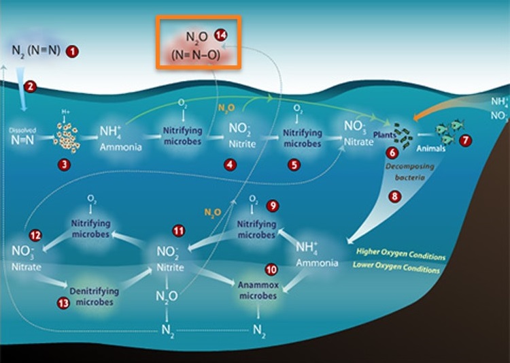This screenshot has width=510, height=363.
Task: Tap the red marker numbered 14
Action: [x=220, y=35]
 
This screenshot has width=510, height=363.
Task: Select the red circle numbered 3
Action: [x=65, y=163]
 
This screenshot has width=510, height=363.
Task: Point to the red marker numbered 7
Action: [x=465, y=140]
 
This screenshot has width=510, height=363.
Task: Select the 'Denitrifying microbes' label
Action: [x=94, y=296]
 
